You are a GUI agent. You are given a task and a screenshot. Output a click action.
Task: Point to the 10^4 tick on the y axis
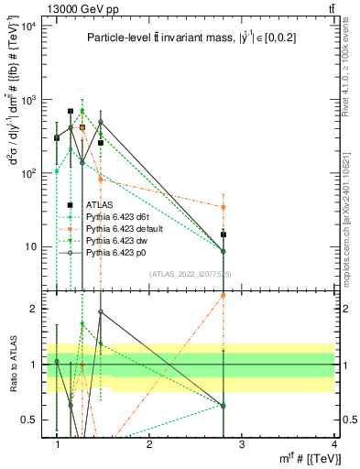[27, 25]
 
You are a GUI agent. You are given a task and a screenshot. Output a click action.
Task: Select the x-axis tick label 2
[148, 444]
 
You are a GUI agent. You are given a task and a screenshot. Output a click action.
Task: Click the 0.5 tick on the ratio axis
[30, 420]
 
